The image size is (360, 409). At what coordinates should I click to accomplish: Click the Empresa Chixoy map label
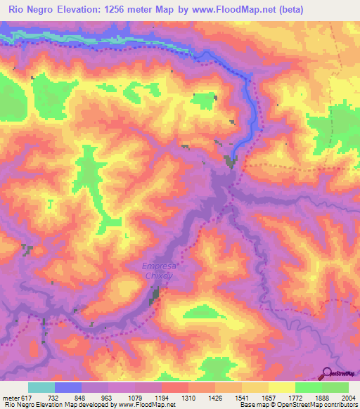click(x=157, y=271)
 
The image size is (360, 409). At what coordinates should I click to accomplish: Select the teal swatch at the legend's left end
click(x=41, y=387)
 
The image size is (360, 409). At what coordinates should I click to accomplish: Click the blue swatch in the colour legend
click(x=68, y=387)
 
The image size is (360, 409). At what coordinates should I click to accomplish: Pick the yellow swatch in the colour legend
click(x=281, y=387)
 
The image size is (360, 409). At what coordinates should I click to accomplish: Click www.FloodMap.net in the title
click(x=241, y=11)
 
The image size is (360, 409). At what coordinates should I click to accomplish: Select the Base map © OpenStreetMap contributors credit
click(x=297, y=405)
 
